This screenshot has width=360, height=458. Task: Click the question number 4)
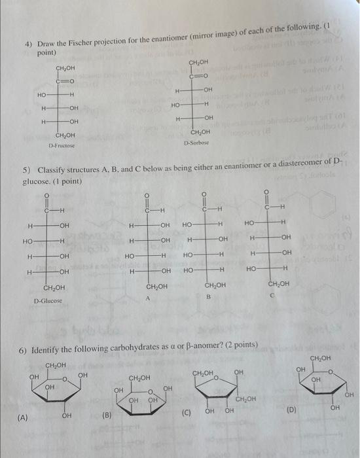(x=29, y=44)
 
